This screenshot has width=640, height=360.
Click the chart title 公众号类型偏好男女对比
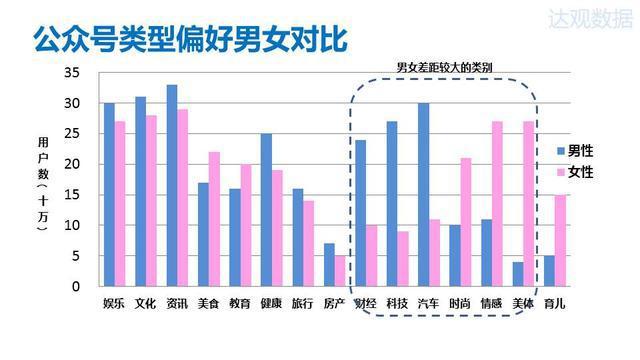click(190, 40)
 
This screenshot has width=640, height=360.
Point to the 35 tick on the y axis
click(71, 73)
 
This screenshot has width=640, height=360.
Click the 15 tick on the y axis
click(71, 195)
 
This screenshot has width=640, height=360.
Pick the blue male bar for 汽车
click(424, 195)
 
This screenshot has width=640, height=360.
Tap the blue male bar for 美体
click(518, 274)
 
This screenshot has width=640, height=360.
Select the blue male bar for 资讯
click(172, 186)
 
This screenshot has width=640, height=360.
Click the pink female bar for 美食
click(214, 219)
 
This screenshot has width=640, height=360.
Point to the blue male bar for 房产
click(329, 265)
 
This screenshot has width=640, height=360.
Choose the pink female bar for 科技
click(403, 259)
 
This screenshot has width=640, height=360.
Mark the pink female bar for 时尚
click(466, 222)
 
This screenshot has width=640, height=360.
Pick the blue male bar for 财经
click(361, 213)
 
